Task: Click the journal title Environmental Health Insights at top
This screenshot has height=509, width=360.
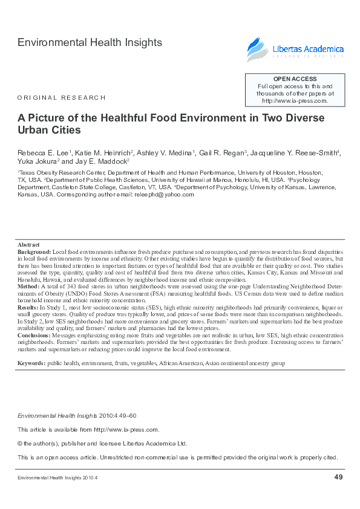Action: coord(90,42)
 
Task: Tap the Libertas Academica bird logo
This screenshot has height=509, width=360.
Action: coord(255,50)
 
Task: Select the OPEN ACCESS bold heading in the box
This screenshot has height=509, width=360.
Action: coord(295,79)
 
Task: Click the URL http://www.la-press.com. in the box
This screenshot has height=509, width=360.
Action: coord(295,101)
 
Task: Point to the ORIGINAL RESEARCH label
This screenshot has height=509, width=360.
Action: coord(61,97)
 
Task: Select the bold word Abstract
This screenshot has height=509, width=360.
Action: coord(28,244)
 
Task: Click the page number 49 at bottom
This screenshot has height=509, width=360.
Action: coord(338,478)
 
